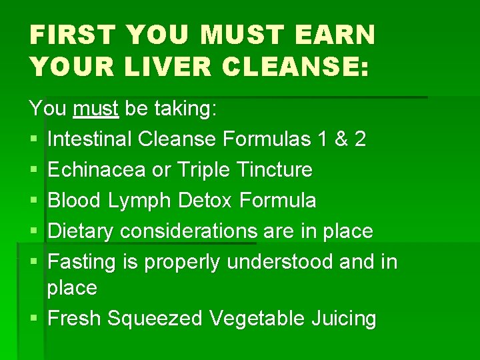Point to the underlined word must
[x=96, y=108]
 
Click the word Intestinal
[x=90, y=139]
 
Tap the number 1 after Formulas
[x=323, y=139]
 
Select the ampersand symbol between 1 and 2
[x=342, y=139]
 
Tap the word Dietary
[x=81, y=231]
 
